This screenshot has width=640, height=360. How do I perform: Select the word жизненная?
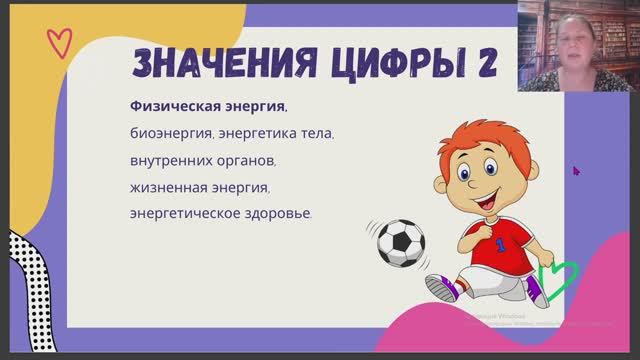click(x=168, y=187)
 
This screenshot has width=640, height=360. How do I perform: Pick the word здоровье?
click(x=277, y=213)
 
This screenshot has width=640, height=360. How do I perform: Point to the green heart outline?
click(x=556, y=275)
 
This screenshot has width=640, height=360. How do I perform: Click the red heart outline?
click(x=59, y=42)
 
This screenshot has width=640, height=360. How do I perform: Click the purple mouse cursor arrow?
click(x=576, y=170)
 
